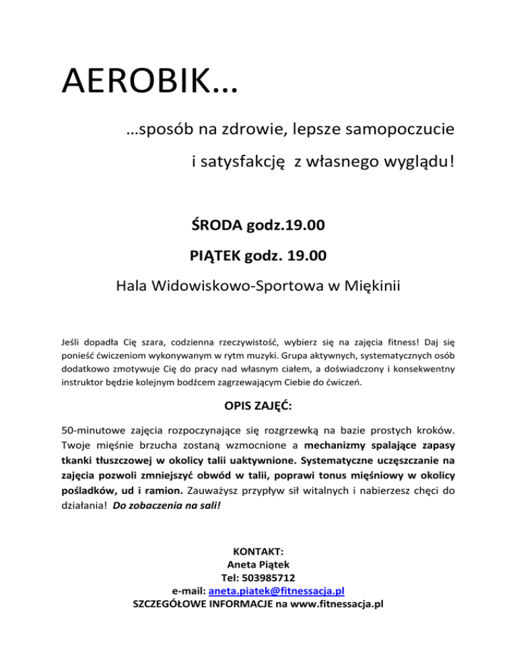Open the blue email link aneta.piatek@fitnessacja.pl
[277, 591]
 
